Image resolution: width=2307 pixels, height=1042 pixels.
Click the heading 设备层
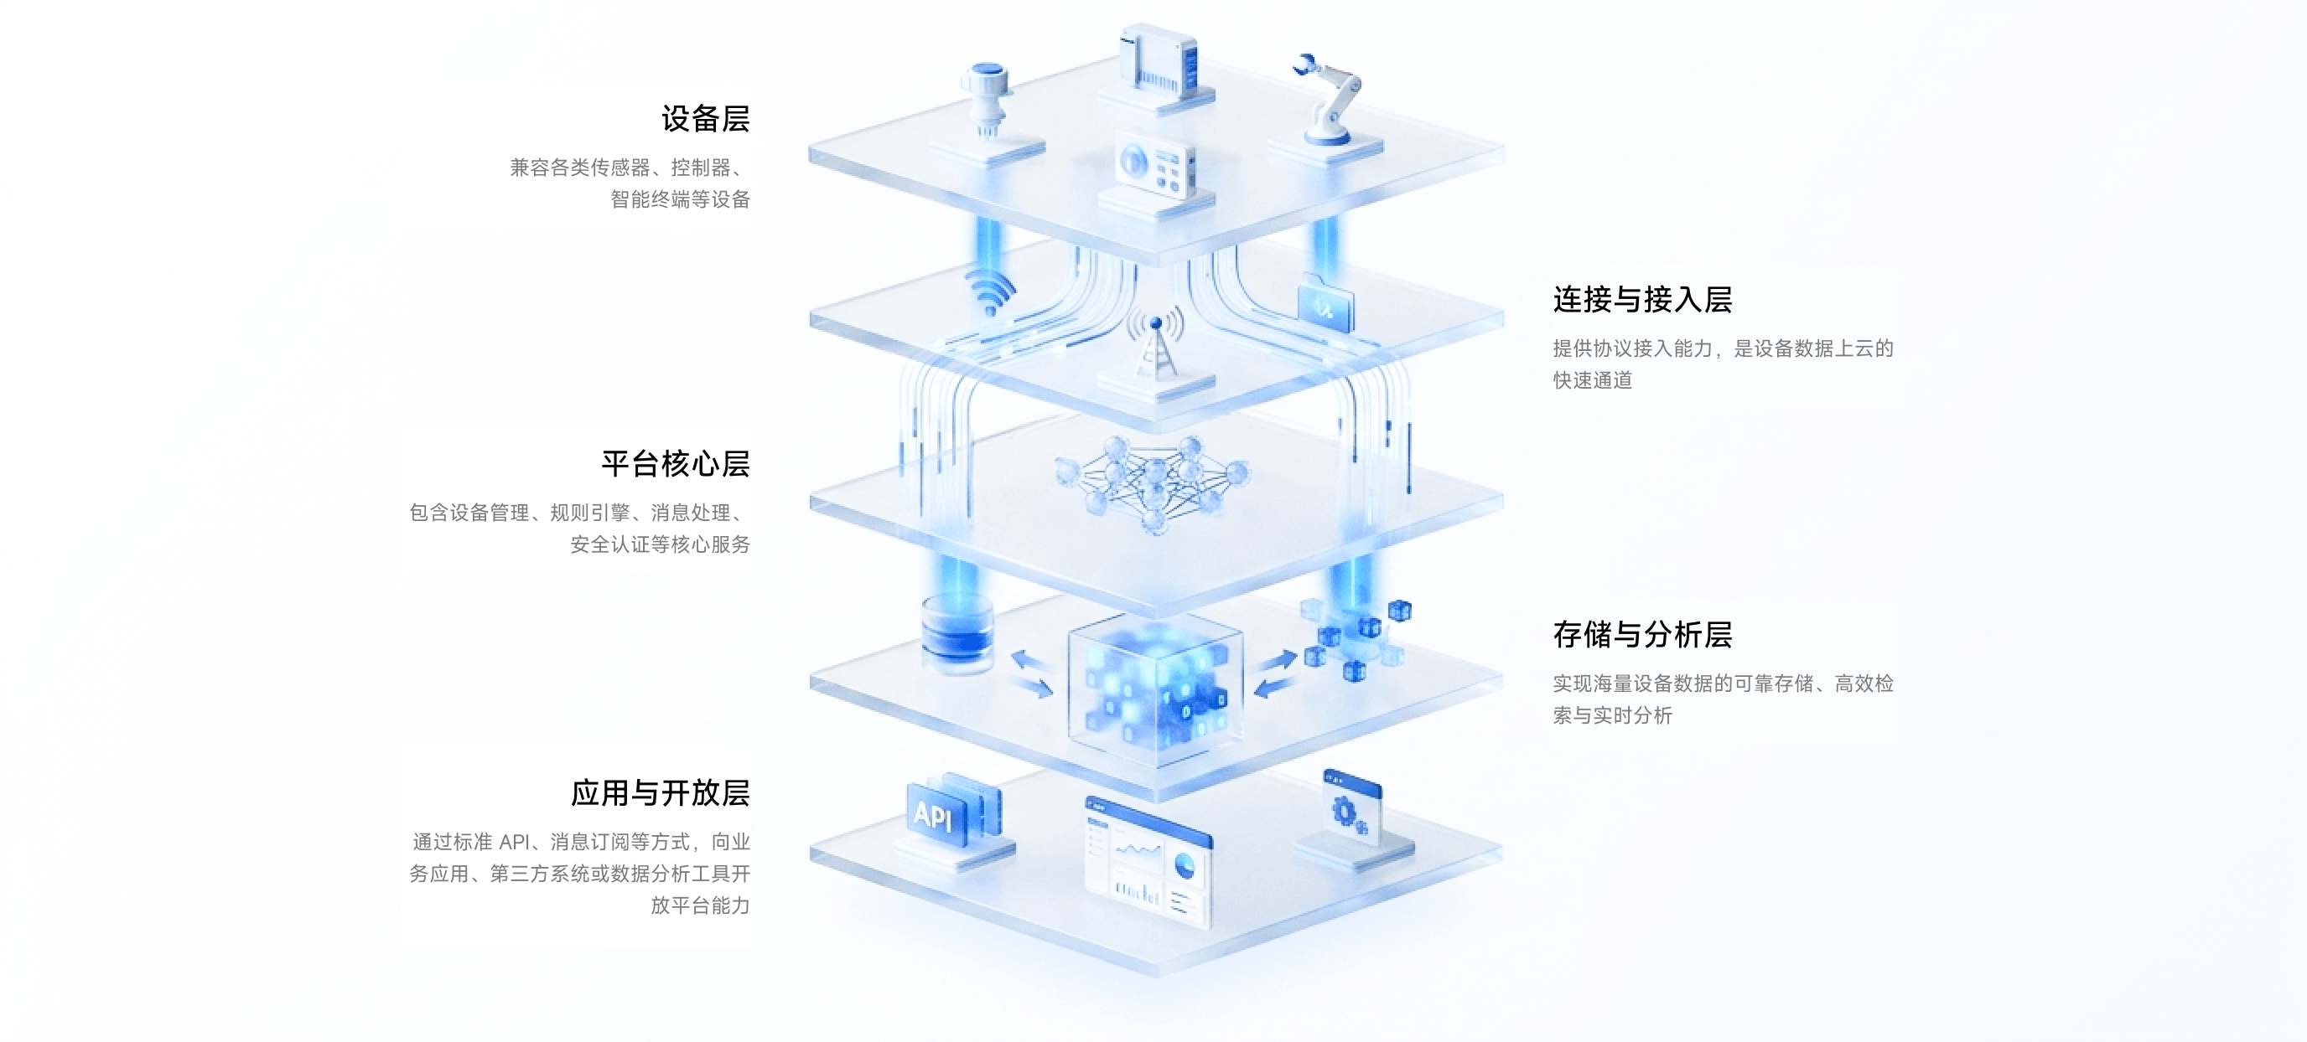pyautogui.click(x=706, y=119)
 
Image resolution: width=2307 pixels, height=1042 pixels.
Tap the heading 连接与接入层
pyautogui.click(x=1642, y=299)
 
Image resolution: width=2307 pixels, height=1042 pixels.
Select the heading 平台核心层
pyautogui.click(x=676, y=464)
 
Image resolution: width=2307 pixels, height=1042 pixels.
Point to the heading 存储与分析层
pyautogui.click(x=1642, y=635)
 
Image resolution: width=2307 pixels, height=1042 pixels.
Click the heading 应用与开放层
pyautogui.click(x=660, y=793)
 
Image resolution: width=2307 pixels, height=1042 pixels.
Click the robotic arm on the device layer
pyautogui.click(x=1329, y=99)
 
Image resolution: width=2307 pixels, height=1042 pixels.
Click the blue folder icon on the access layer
pyautogui.click(x=1325, y=302)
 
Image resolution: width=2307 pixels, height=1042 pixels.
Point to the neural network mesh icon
pyautogui.click(x=1153, y=483)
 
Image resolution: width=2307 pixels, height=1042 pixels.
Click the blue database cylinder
pyautogui.click(x=957, y=633)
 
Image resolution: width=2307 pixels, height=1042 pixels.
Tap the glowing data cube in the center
pyautogui.click(x=1155, y=689)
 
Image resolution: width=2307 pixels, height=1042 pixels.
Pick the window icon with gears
pyautogui.click(x=1352, y=809)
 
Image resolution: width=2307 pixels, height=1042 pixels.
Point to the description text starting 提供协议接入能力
pyautogui.click(x=1723, y=364)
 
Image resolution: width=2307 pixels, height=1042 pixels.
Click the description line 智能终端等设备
pyautogui.click(x=680, y=199)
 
